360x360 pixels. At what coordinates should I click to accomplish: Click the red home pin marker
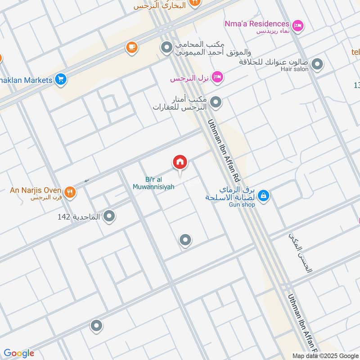(180, 162)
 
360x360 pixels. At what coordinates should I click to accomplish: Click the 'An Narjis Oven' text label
(36, 190)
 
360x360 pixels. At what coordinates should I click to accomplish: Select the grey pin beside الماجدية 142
(109, 217)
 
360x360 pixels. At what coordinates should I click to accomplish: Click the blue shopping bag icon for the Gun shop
(264, 195)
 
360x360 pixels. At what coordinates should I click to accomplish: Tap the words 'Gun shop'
(242, 205)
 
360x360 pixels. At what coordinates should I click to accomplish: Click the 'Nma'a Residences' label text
(257, 23)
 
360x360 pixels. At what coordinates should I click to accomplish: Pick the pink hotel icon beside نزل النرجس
(217, 77)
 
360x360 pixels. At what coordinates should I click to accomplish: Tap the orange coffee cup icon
(131, 47)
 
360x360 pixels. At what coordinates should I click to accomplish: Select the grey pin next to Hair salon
(317, 64)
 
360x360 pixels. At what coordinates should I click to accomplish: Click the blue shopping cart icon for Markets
(61, 80)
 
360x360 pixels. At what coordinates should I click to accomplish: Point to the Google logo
(19, 353)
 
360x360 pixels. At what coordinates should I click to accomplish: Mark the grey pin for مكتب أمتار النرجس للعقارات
(216, 103)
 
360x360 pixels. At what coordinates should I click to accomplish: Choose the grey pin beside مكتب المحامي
(167, 46)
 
